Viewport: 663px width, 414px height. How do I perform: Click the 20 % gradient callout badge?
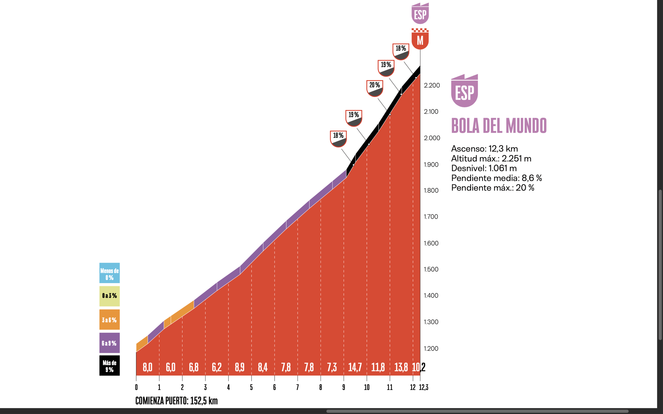(374, 88)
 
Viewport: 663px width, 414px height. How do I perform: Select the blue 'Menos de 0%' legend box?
(109, 273)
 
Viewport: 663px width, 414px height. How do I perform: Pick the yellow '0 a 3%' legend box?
(109, 296)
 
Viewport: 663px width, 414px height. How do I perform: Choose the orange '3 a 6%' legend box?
(109, 320)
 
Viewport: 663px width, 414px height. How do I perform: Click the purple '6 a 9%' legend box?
(109, 343)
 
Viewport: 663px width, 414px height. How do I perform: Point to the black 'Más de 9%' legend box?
(109, 366)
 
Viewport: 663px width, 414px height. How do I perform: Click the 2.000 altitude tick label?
(432, 138)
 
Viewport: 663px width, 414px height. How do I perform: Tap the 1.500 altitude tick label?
(431, 269)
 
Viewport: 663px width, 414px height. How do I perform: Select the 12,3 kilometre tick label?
(423, 387)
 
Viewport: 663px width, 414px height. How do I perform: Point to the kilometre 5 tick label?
(251, 387)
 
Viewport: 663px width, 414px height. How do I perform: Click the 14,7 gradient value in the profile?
(355, 367)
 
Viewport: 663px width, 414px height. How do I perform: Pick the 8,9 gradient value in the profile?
(240, 367)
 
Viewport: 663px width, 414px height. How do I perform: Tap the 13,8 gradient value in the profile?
(401, 367)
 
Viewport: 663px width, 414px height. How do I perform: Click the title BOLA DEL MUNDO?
(499, 126)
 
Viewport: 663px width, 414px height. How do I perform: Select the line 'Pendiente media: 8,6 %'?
(496, 178)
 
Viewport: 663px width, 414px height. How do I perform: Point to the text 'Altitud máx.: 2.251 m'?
(491, 159)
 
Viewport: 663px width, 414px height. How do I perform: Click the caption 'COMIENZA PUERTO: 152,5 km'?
(176, 401)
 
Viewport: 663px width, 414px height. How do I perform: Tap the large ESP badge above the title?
(464, 91)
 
